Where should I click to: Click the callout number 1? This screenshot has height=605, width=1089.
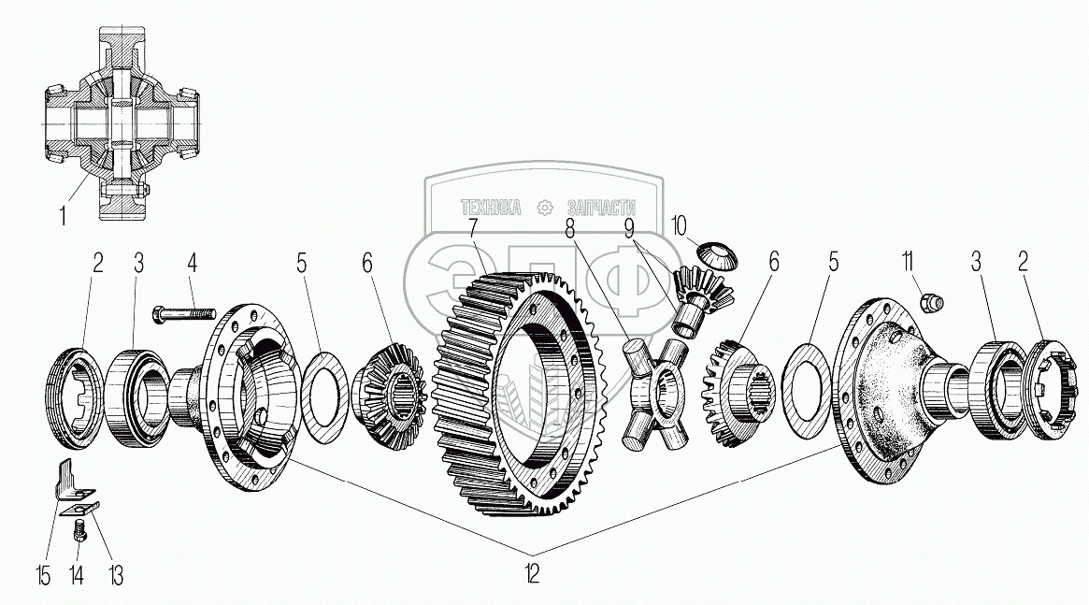pos(63,217)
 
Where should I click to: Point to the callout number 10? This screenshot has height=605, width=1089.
pos(679,225)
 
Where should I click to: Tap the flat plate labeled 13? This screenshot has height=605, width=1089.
pos(79,508)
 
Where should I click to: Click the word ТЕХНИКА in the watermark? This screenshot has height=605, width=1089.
pos(490,209)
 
